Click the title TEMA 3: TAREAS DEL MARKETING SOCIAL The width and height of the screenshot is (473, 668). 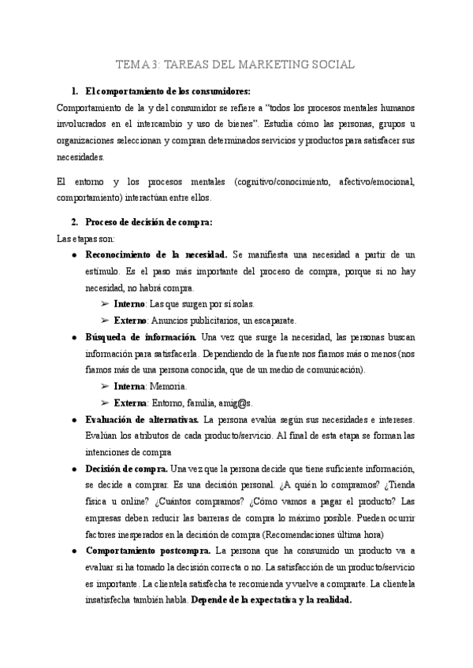tap(236, 64)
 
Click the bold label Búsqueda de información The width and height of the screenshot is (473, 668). tap(142, 337)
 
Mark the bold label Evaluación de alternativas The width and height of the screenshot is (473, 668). tap(141, 419)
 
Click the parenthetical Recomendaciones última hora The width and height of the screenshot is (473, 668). tap(330, 533)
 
